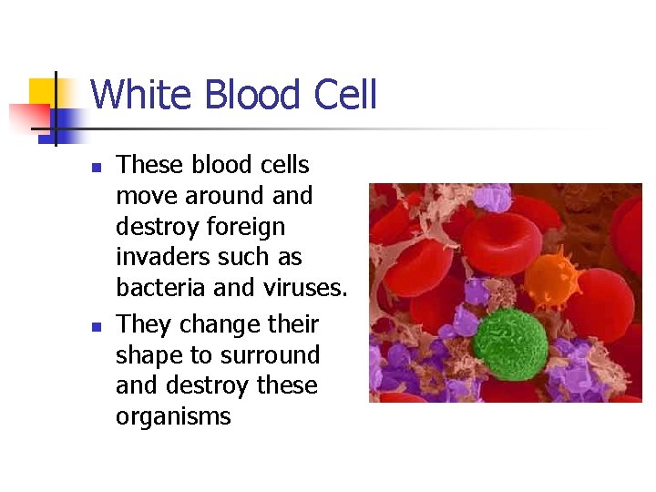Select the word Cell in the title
[344, 95]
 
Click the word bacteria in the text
[159, 289]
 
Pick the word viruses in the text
[304, 289]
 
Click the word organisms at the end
[173, 417]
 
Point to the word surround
[272, 355]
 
